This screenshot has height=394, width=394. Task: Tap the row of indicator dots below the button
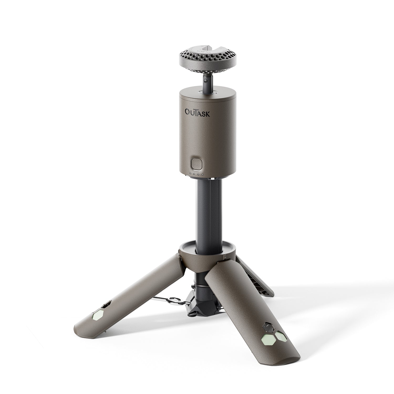[x=197, y=174]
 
